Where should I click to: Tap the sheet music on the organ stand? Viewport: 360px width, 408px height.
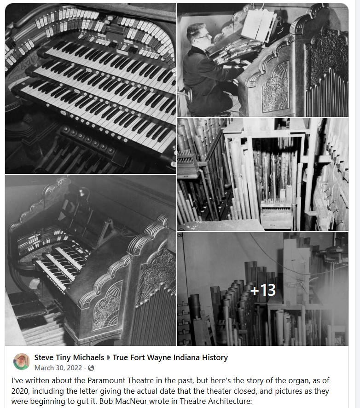[x=259, y=25]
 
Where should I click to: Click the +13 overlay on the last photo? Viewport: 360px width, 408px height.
[x=263, y=290]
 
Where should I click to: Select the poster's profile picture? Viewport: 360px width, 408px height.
[x=22, y=362]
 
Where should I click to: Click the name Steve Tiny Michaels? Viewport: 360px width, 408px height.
[x=70, y=357]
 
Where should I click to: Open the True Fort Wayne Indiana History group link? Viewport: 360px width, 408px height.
[x=170, y=357]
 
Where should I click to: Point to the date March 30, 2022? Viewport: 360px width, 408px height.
[x=58, y=368]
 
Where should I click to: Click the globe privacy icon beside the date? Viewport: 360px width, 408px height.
[x=91, y=368]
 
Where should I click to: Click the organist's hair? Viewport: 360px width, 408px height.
[x=195, y=29]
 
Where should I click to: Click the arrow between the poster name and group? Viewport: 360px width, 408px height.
[x=108, y=358]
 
